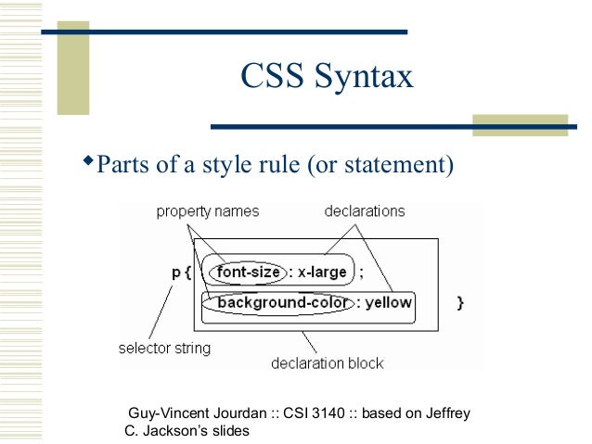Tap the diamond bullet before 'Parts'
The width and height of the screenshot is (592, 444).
coord(90,164)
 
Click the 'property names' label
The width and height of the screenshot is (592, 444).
coord(207,211)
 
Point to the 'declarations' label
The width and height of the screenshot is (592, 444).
coord(365,211)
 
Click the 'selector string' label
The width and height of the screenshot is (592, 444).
coord(164,349)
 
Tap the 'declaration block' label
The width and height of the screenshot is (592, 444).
coord(328,362)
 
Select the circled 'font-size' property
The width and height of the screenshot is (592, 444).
coord(248,273)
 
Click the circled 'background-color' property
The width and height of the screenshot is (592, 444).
coord(276,302)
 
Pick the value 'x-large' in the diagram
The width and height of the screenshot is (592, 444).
coord(322,273)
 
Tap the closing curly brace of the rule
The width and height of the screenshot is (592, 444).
coord(461,302)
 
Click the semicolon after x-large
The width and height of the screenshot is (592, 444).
coord(362,273)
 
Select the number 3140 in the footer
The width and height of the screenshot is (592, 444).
coord(326,413)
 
